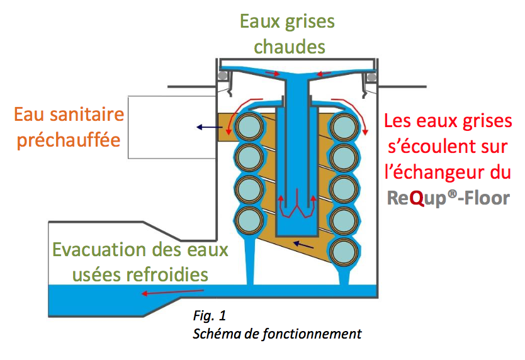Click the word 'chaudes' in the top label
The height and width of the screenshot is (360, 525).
point(287,46)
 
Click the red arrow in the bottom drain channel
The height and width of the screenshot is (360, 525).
point(172,292)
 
